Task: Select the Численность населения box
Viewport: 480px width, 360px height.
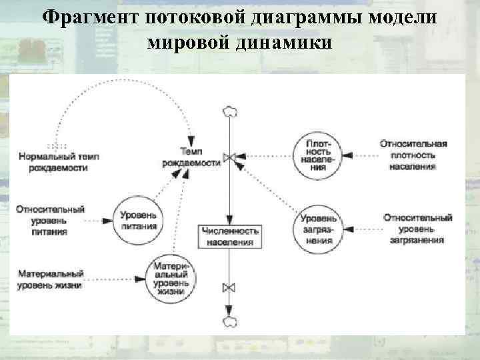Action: pos(229,236)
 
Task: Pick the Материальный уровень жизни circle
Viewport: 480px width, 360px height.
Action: pos(171,277)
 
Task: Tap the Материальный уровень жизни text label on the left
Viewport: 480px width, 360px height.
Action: pos(51,279)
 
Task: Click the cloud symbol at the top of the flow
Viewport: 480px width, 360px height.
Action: pos(230,112)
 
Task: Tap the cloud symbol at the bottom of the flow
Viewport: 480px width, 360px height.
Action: pos(230,321)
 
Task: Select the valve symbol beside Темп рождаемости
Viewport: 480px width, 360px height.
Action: pos(230,157)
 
